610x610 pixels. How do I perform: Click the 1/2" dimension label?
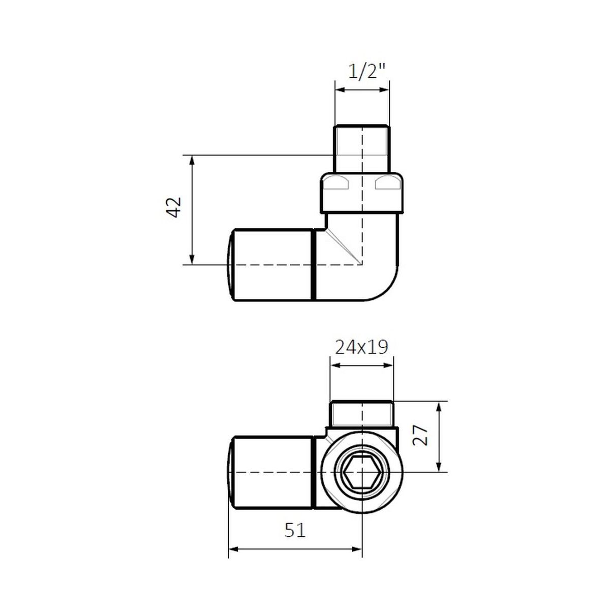coord(366,71)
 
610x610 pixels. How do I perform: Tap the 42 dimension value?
coord(174,207)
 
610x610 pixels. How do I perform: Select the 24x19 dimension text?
coord(361,347)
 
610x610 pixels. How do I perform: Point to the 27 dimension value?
coord(421,436)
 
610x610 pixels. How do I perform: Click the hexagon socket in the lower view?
coord(362,472)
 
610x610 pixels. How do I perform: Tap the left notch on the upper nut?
coord(337,184)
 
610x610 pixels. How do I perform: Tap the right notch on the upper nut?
coord(387,184)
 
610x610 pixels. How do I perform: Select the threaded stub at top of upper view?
coord(362,149)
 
